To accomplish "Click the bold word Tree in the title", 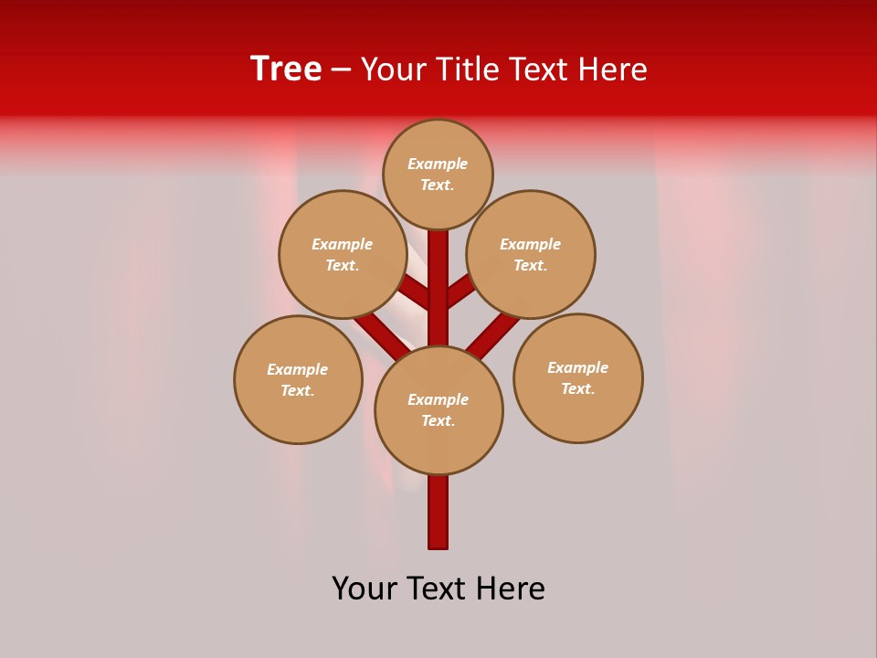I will click(286, 69).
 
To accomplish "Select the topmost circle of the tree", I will click(438, 174).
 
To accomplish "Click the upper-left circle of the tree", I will click(343, 254).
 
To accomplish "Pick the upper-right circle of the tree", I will click(531, 254).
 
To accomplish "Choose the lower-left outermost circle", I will click(298, 379).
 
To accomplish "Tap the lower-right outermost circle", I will click(578, 377).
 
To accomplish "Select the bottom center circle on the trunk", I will click(438, 410).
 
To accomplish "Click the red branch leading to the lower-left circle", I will click(379, 334).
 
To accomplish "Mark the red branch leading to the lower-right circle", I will click(493, 331).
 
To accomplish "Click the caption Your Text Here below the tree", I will click(438, 589).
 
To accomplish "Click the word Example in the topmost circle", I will click(438, 164).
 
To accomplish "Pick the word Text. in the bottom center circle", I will click(438, 420).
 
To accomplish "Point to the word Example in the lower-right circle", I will click(577, 367).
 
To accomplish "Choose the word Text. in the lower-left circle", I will click(297, 390).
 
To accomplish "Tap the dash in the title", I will click(341, 69).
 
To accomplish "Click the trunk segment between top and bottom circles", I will click(438, 292).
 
